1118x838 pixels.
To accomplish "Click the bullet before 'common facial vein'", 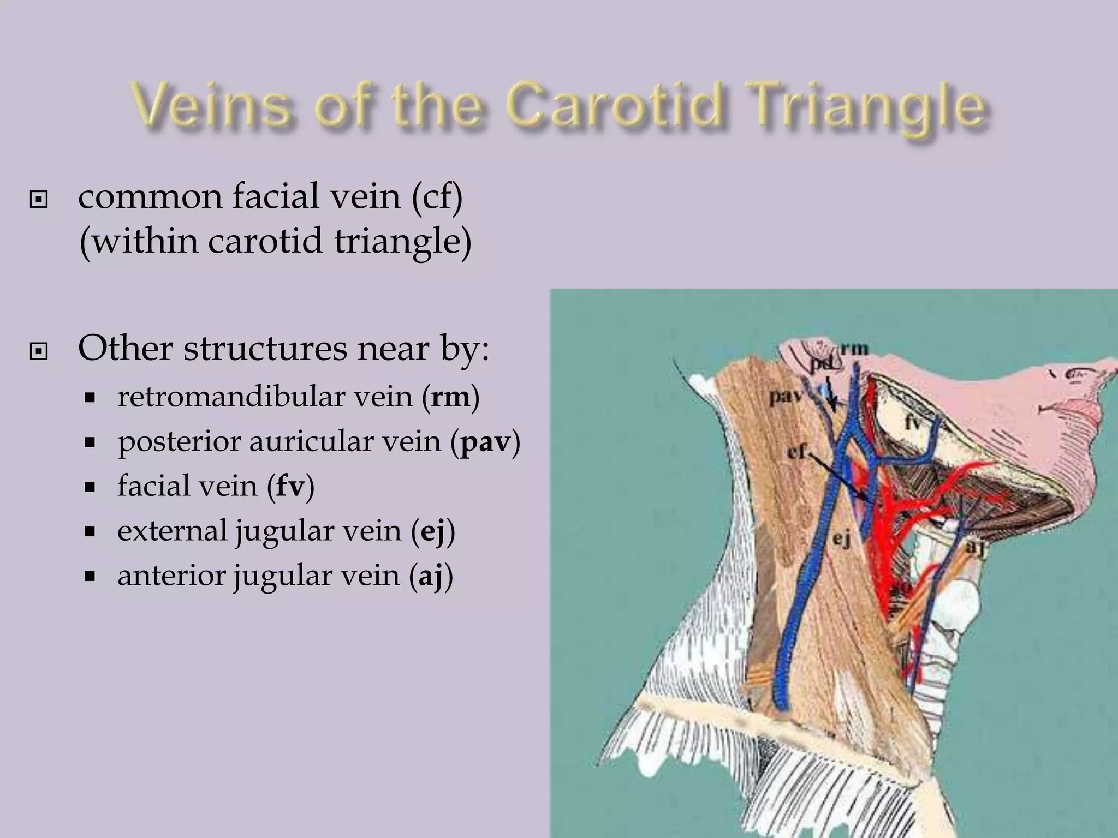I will [x=38, y=200].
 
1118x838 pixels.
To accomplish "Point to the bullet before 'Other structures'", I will [x=38, y=352].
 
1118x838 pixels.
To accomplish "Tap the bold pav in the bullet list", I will [x=485, y=441].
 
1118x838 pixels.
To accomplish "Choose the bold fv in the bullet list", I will [x=290, y=486].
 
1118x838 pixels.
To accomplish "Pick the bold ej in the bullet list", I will [x=432, y=531].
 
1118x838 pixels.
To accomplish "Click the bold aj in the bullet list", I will [x=431, y=576].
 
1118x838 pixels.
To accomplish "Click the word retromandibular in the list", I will [x=264, y=397].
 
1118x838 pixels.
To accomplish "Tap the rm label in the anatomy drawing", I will [x=854, y=348].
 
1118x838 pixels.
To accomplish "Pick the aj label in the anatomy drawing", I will [x=976, y=547].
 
